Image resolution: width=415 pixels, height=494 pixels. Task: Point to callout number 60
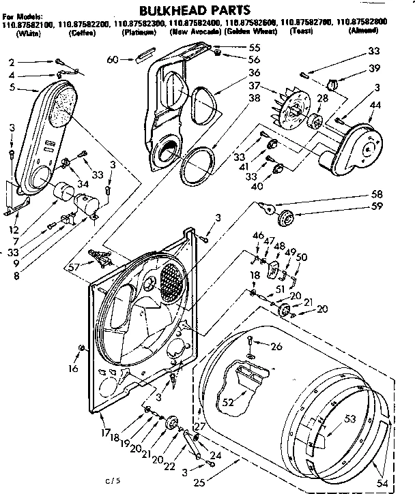113,60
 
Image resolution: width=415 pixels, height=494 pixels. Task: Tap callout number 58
377,194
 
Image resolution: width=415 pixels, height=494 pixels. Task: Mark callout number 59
377,205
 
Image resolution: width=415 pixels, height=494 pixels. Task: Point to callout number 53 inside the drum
350,419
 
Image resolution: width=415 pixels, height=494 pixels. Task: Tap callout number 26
276,345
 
